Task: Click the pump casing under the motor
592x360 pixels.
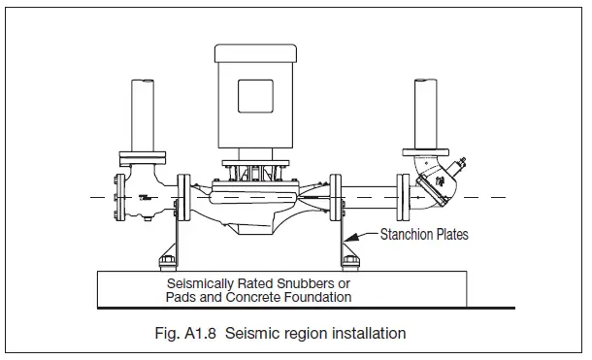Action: pos(257,207)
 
